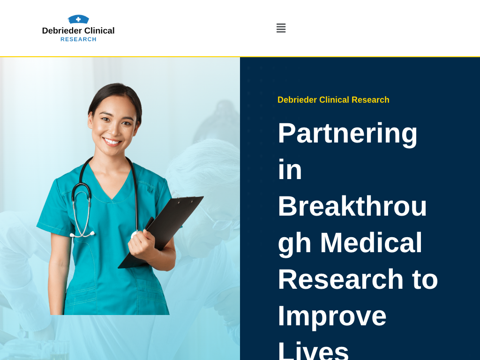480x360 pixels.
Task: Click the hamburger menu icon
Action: (281, 28)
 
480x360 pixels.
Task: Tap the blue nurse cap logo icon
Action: (78, 19)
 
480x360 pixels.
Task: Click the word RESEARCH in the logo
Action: (78, 39)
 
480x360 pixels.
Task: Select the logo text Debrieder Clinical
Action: (78, 30)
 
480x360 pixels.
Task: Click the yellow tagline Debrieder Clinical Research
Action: (333, 100)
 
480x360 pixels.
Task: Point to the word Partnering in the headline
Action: (347, 133)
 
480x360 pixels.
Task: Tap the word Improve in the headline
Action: (332, 316)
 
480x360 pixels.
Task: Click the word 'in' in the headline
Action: (290, 169)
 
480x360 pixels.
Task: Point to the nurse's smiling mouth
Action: (112, 142)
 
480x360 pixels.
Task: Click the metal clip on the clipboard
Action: (185, 202)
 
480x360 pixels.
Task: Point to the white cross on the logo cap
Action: (78, 19)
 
